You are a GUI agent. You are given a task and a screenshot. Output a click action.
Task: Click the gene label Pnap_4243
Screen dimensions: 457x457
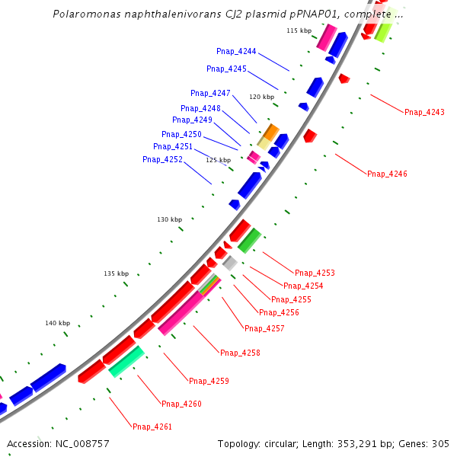coord(424,113)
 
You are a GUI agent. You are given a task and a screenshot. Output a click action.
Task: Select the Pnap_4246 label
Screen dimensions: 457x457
coord(387,174)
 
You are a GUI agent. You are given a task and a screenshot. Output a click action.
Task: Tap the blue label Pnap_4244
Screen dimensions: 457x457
coord(236,52)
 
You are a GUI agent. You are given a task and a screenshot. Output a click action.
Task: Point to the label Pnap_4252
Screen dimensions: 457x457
coord(162,160)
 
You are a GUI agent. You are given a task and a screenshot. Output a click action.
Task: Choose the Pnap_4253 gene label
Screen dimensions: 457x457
coord(315,273)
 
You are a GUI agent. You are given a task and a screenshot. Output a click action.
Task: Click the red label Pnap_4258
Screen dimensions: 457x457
coord(240,353)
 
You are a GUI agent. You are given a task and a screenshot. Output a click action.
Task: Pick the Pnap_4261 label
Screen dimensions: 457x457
coord(152,427)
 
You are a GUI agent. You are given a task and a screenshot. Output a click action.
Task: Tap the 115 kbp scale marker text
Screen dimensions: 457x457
coord(299,30)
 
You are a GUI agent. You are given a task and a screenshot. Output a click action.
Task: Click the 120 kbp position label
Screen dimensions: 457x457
coord(261,97)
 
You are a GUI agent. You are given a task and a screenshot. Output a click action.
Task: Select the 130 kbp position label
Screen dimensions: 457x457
coord(170,219)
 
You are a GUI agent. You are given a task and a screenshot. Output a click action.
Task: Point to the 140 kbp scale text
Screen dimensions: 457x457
coord(57,323)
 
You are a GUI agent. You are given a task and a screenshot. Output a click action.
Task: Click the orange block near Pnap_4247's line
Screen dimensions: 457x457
coord(270,131)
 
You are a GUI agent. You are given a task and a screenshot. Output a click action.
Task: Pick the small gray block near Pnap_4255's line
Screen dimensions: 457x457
coord(229,263)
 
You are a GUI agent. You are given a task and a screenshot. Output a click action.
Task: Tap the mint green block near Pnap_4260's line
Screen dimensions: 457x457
coord(126,361)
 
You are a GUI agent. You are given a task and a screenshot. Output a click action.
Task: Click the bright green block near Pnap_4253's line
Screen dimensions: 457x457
coord(249,240)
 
